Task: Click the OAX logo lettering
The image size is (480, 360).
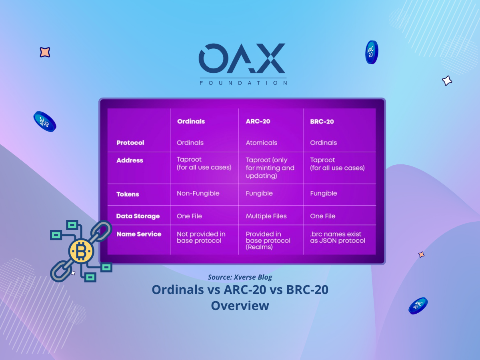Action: tap(242, 58)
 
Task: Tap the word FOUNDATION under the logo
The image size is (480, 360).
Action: tap(243, 83)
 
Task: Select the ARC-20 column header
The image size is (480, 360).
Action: tap(258, 121)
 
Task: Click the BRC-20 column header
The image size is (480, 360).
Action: tap(322, 122)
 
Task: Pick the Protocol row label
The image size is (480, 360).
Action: tap(130, 143)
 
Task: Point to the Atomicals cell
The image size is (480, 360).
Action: tap(261, 143)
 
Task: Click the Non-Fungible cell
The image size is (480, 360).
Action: tap(198, 194)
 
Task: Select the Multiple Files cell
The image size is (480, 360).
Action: tap(266, 216)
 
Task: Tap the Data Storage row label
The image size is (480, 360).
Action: tap(138, 216)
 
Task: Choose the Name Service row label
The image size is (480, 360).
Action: tap(139, 234)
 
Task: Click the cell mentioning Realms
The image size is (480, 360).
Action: tap(268, 240)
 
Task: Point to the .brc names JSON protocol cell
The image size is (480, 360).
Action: tap(338, 237)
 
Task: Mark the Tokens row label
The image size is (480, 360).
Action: tap(128, 194)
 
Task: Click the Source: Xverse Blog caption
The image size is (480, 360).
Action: tap(240, 277)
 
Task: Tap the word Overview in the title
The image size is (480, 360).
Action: tap(240, 306)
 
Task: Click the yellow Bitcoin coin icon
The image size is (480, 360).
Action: tap(81, 251)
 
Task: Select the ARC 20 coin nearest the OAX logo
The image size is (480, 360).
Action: tap(372, 52)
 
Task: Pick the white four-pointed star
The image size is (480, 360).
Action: tap(447, 81)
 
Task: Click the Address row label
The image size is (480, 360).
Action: tap(130, 160)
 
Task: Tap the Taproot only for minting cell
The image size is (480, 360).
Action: tap(270, 168)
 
